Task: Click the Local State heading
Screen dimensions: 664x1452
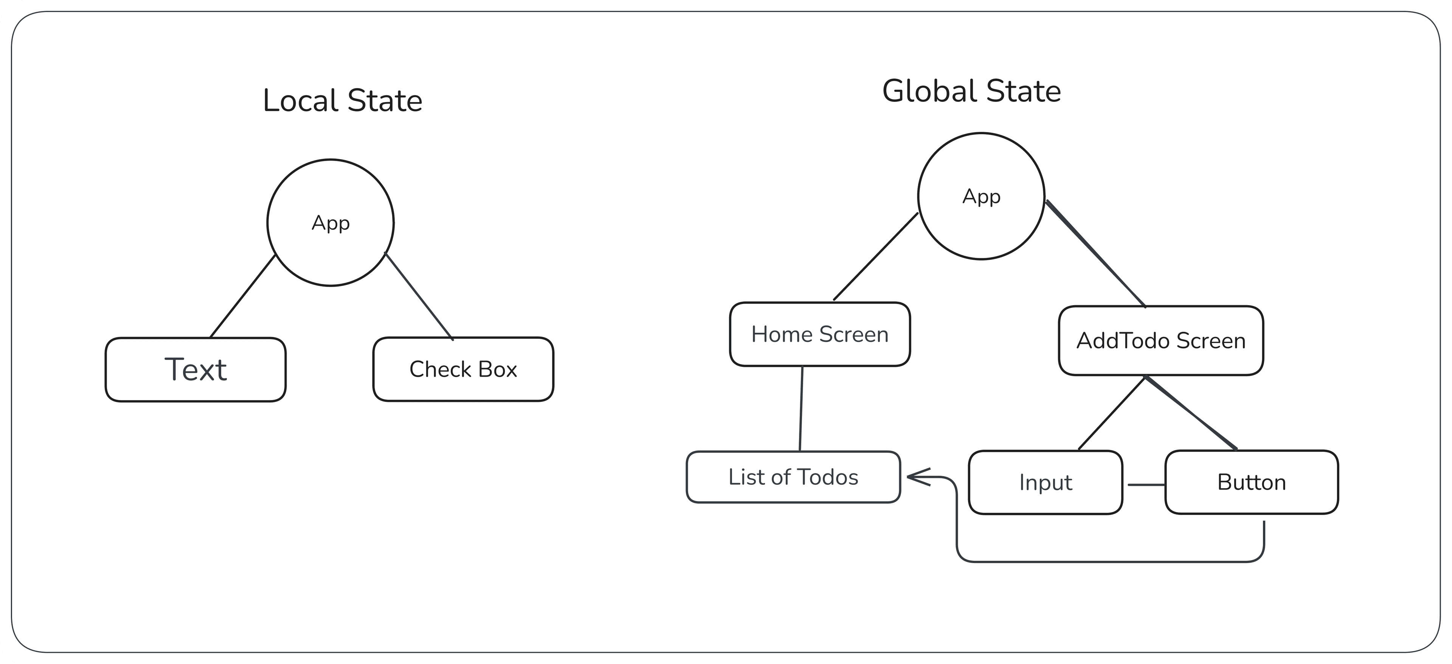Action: tap(342, 101)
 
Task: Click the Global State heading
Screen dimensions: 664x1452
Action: tap(971, 91)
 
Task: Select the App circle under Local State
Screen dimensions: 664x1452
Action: tap(330, 223)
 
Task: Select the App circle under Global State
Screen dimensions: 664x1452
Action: tap(981, 196)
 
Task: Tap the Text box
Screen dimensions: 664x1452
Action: tap(195, 370)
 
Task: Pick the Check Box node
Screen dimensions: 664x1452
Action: tap(463, 369)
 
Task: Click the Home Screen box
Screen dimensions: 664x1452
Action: tap(819, 334)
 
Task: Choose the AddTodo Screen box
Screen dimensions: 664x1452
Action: tap(1160, 340)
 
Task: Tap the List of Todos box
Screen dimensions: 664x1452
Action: tap(793, 477)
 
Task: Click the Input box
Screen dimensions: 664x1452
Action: tap(1045, 482)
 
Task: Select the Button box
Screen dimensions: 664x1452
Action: tap(1251, 482)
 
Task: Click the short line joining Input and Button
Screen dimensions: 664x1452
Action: tap(1146, 484)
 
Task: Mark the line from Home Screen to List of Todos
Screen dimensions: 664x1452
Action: tap(801, 409)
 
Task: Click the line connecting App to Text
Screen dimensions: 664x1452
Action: tap(243, 296)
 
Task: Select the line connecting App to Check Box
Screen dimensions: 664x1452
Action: tap(419, 296)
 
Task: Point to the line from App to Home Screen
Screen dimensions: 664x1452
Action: tap(876, 256)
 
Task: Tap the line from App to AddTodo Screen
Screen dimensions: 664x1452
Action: tap(1096, 254)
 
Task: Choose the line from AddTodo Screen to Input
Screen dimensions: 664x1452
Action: tap(1112, 413)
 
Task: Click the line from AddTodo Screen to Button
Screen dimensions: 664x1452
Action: tap(1191, 413)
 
